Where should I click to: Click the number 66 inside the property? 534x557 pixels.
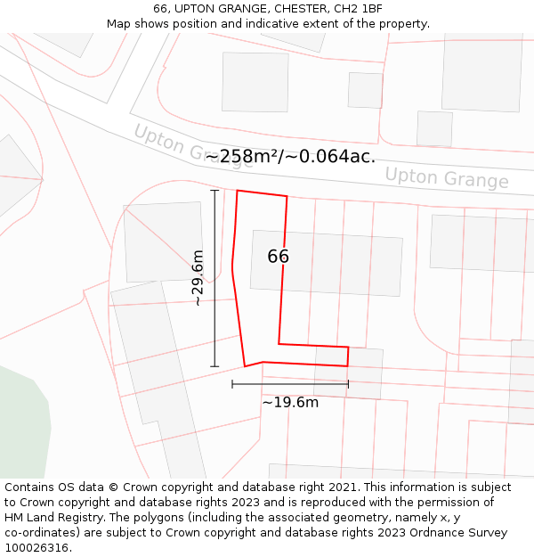278,257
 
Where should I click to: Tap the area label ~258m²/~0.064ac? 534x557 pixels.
290,157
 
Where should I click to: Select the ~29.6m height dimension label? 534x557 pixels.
198,279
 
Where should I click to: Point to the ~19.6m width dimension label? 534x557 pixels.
290,402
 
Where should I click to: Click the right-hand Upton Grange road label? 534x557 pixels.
446,177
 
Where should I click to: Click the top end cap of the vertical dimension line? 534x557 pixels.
214,191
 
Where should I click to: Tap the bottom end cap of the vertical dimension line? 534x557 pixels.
214,366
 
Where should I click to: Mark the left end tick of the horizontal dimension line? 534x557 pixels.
232,384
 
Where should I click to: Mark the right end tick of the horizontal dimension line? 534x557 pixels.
348,384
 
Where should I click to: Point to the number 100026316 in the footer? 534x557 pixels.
35,548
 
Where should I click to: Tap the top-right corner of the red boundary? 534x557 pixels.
287,196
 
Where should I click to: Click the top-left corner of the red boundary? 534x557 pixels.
237,190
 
